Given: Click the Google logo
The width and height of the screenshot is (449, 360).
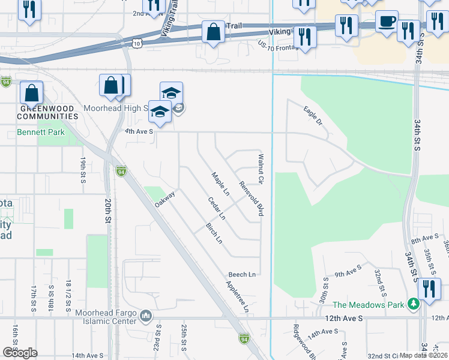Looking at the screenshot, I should tap(20, 353).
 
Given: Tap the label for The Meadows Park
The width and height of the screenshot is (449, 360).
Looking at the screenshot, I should tap(369, 305).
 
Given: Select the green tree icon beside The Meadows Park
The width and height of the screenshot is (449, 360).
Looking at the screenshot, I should tap(413, 304).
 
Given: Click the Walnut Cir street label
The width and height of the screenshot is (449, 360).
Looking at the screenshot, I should tap(261, 169).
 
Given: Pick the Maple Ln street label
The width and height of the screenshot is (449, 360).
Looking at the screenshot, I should tap(220, 184).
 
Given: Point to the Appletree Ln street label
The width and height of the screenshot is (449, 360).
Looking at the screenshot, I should tap(238, 296).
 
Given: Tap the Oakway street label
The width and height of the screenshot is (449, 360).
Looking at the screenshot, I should tap(164, 199).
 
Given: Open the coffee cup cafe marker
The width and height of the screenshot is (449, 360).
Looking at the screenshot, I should tap(385, 22).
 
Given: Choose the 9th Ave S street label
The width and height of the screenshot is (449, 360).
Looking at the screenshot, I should tap(348, 274).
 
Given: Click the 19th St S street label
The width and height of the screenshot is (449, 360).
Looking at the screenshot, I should tap(83, 170).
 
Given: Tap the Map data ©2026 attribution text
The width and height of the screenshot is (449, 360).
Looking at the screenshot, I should tap(423, 355).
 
